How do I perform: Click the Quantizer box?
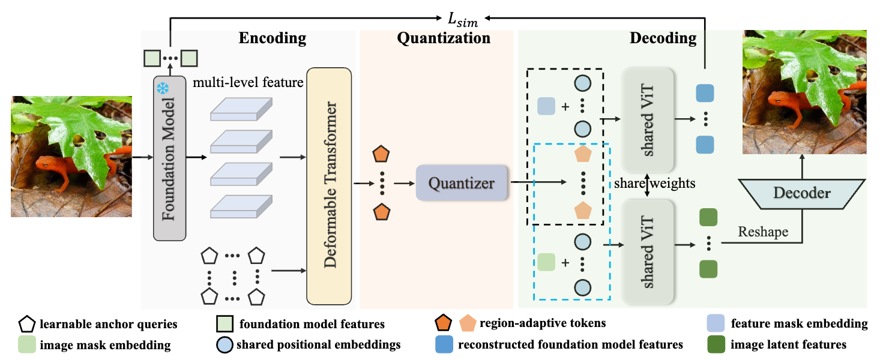[461, 182]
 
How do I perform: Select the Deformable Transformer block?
[328, 185]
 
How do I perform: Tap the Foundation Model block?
[170, 158]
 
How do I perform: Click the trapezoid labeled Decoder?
[802, 193]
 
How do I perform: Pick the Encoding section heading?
[273, 38]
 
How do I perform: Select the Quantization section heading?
[444, 38]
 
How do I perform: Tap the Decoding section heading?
[663, 38]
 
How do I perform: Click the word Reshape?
[764, 232]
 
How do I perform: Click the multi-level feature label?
[248, 82]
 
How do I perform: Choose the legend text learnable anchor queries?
[109, 324]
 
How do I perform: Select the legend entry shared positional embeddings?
[318, 344]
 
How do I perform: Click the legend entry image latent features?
[789, 344]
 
